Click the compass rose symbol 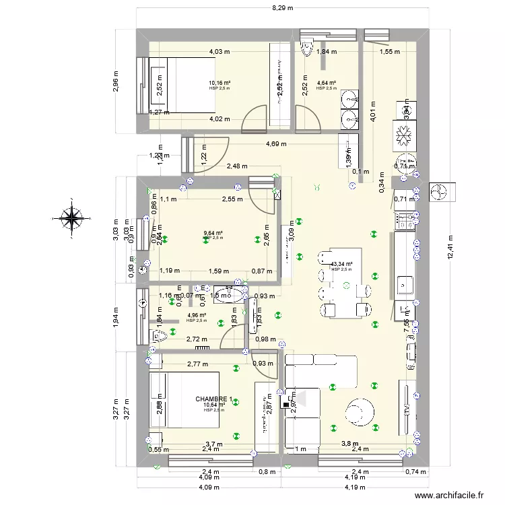pos(71,216)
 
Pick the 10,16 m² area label pos(219,83)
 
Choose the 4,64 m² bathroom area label pos(326,83)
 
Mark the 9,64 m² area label pos(213,235)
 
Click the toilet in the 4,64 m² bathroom pos(307,46)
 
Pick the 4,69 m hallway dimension pos(275,144)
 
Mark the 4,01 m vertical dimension pos(373,114)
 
